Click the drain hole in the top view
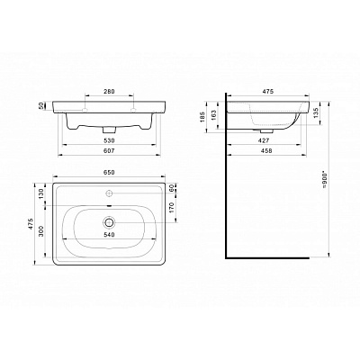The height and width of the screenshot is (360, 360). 110,220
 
